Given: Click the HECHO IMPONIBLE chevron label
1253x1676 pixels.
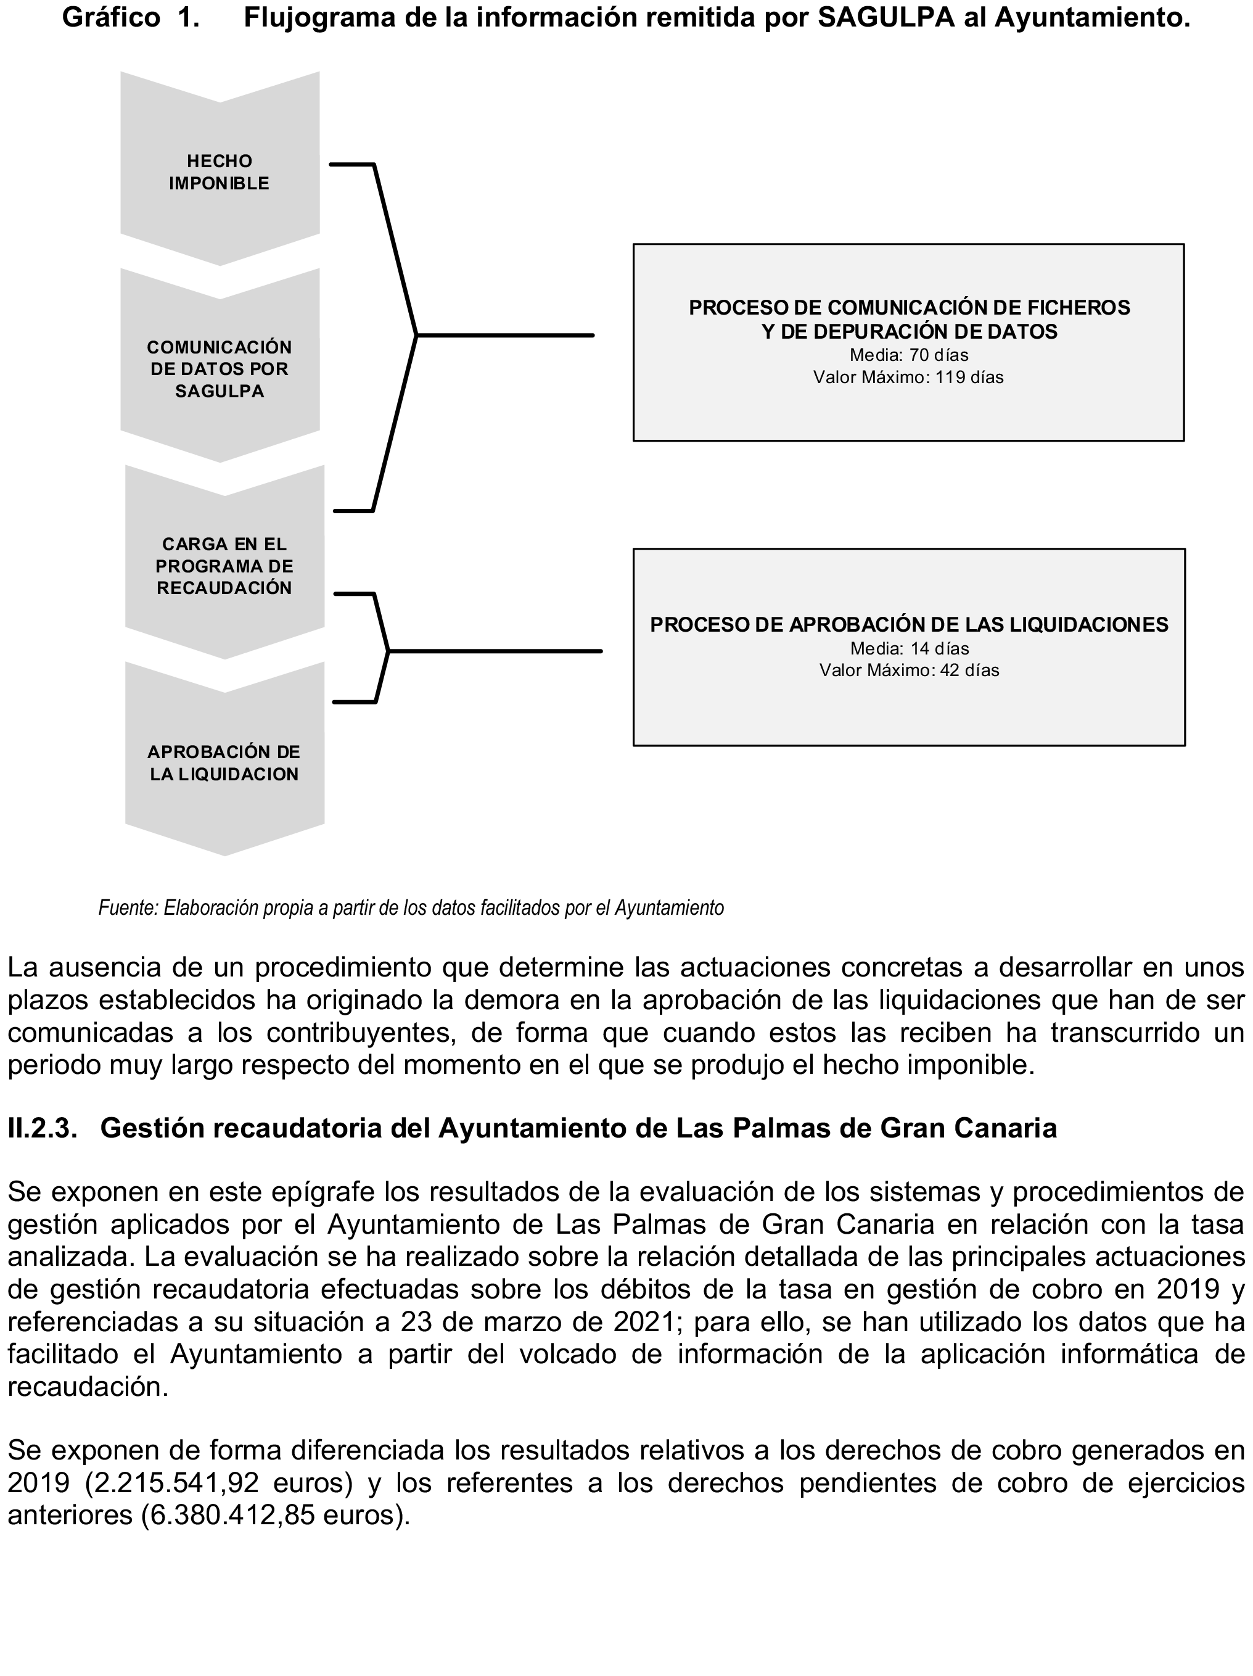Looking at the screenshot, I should (x=219, y=172).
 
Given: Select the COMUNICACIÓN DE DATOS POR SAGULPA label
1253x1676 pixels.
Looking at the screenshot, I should (x=219, y=369).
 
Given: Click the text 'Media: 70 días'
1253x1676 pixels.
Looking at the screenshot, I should (x=908, y=355).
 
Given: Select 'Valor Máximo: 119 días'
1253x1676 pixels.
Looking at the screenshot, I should (x=908, y=378).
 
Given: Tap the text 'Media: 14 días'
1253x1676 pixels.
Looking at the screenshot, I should (x=909, y=648).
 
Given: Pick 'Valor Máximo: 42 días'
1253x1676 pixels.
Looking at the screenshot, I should (x=909, y=671).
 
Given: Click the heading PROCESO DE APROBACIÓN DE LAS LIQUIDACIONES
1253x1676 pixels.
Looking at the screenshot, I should (x=909, y=625).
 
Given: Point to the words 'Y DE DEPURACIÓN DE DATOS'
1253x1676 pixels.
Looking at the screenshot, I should (x=909, y=331).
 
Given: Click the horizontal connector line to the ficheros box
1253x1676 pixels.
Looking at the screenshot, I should (x=505, y=335).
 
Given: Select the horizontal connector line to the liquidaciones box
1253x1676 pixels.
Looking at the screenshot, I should (x=495, y=651).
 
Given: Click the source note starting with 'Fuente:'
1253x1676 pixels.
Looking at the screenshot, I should (x=411, y=908).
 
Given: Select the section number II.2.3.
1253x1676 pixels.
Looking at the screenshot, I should (x=43, y=1128).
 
